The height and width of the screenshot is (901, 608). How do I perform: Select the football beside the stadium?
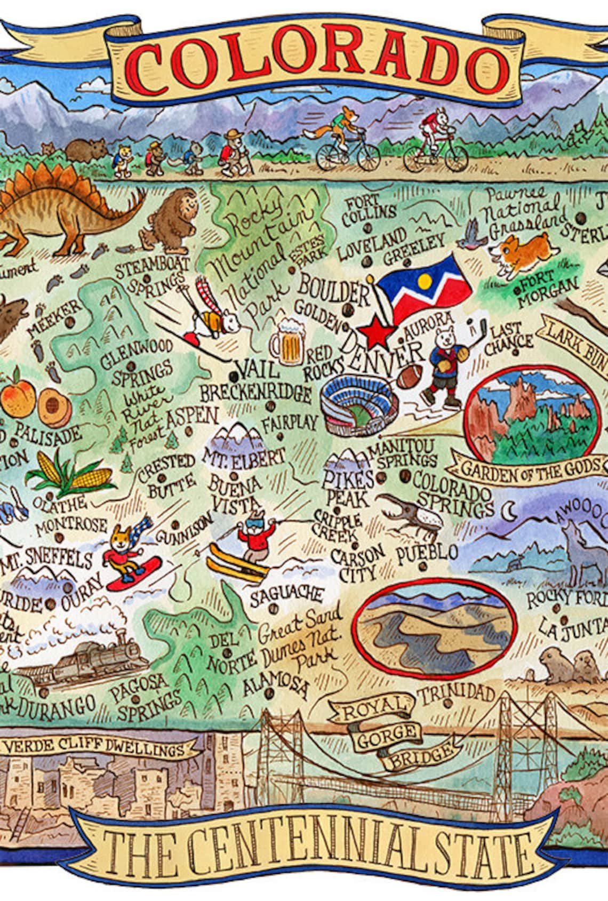point(411,377)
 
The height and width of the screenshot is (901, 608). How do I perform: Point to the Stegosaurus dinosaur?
point(69,213)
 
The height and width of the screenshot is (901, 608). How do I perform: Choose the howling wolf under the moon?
point(581,555)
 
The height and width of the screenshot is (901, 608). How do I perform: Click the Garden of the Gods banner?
point(528,469)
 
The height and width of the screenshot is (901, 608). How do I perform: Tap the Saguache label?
point(287,594)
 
